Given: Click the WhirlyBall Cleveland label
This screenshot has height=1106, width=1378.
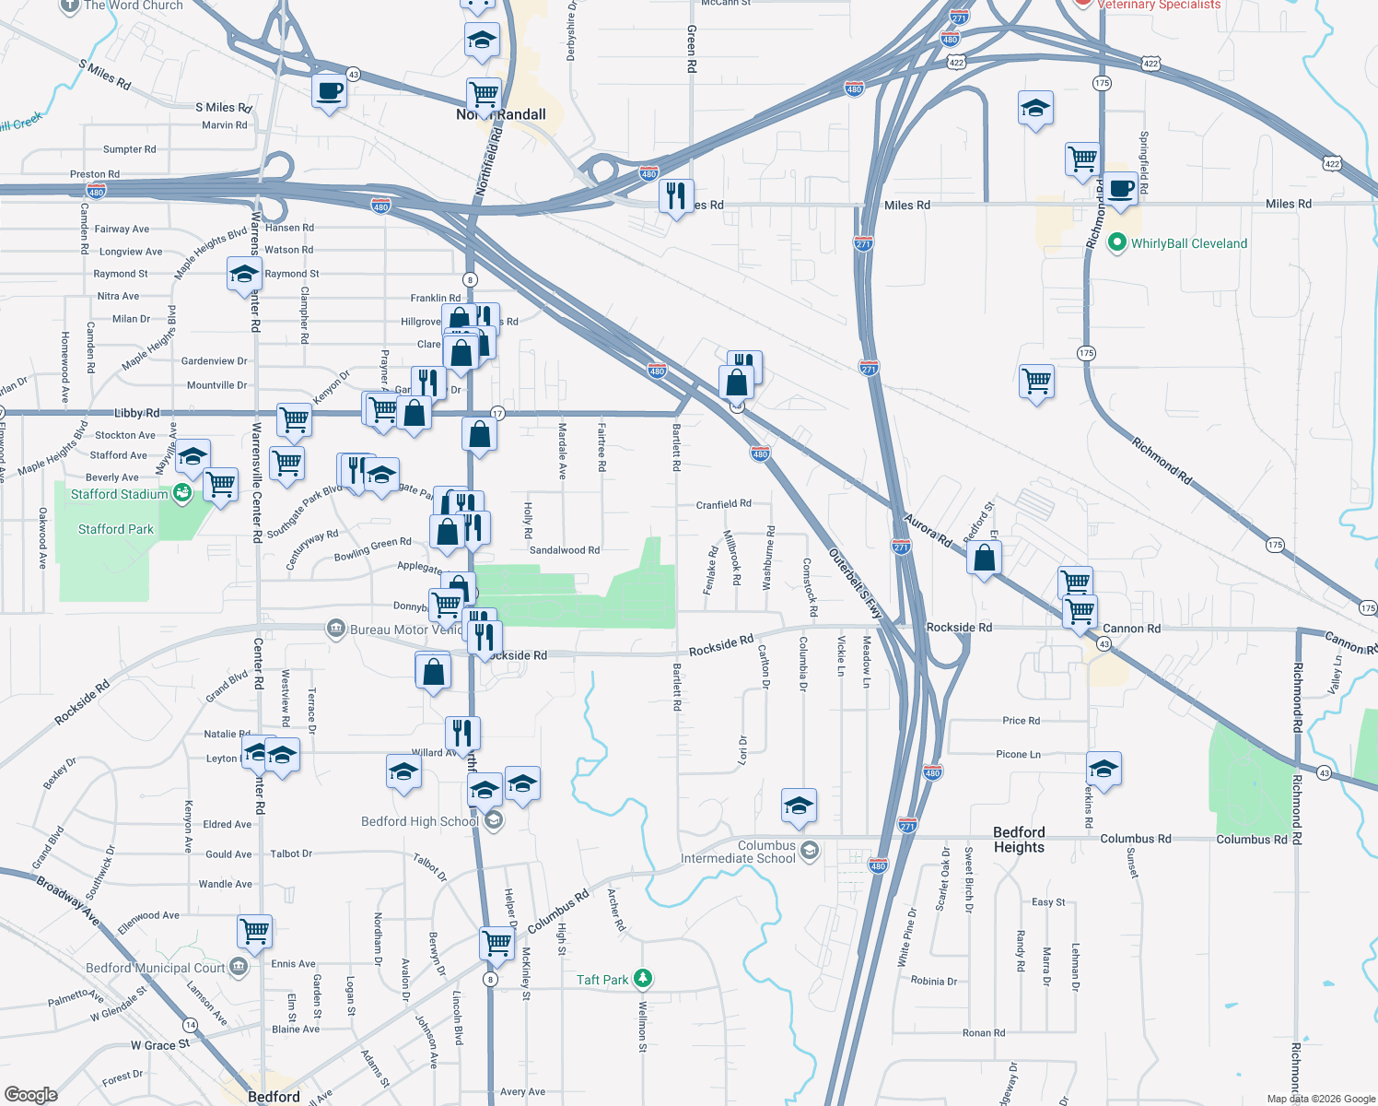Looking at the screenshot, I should coord(1188,244).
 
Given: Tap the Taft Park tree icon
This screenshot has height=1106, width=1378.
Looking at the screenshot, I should coord(643,979).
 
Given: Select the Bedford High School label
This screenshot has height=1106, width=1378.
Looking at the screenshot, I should coord(419,821).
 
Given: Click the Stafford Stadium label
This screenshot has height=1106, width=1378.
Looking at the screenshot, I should coord(120,495).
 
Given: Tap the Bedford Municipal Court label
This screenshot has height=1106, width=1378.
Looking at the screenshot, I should coord(155,968).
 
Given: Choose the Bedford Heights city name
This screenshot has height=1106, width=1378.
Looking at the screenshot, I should coord(1019,840).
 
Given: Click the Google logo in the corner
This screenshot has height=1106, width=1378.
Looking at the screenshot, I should coord(31,1094).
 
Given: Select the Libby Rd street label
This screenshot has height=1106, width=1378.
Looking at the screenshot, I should coord(137,414).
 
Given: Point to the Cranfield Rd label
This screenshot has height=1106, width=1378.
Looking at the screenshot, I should coord(723,504).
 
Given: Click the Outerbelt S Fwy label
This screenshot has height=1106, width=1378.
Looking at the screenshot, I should coord(855,584).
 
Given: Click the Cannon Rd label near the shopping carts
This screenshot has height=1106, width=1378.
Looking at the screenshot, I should coord(1131,629).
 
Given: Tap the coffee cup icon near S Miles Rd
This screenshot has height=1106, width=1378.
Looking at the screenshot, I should coord(329,91).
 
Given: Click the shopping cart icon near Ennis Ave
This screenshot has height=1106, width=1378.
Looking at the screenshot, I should coord(254,931).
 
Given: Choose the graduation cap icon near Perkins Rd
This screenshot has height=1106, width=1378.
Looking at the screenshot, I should coord(1103,768).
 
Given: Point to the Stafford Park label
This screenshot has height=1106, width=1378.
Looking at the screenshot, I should coord(116,529).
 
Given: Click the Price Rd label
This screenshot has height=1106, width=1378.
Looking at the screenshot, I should coord(1021,721).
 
